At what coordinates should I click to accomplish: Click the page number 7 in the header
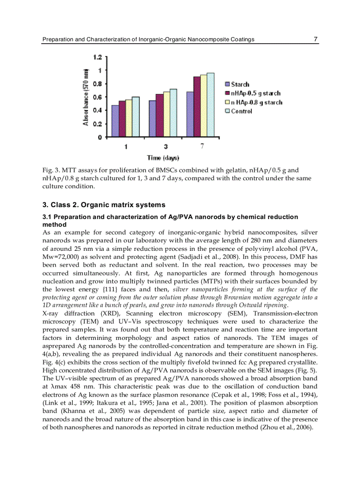tap(315, 39)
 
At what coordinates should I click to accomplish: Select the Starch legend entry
tap(240, 84)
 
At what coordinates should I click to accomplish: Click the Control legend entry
tap(241, 111)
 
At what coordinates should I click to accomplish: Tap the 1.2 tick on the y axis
tap(97, 57)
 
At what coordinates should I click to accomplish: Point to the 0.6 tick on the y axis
tap(97, 97)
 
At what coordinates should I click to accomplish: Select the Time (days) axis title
tap(163, 158)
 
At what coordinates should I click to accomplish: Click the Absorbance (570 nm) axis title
tap(86, 97)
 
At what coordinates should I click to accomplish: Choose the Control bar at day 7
tap(210, 105)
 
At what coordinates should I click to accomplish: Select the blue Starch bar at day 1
tap(115, 121)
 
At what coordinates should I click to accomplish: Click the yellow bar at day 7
tap(203, 106)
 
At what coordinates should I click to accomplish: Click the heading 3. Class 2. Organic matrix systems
tap(104, 205)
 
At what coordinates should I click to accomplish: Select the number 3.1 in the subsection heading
tap(47, 217)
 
